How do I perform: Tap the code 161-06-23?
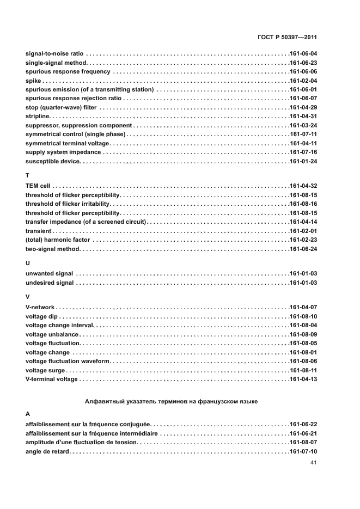[x=303, y=63]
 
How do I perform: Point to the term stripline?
[x=38, y=116]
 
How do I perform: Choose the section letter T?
[x=28, y=176]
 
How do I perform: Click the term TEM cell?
[x=38, y=186]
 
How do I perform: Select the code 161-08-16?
[x=303, y=204]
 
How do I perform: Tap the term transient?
[x=39, y=231]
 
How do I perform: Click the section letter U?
[x=28, y=262]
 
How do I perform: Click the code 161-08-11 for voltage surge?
[x=303, y=370]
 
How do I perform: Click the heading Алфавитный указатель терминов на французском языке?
[x=172, y=401]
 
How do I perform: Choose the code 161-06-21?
[x=303, y=433]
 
